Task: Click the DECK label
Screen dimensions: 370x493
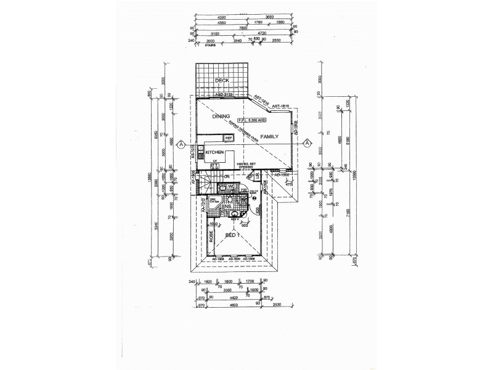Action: [221, 81]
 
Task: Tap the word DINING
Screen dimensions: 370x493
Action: [221, 116]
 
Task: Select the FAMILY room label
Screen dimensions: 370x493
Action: [269, 136]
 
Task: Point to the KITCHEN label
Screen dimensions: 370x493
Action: [214, 152]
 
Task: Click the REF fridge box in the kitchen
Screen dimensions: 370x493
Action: [228, 138]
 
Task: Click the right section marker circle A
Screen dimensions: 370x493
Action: [307, 144]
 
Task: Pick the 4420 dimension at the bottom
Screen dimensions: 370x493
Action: [226, 297]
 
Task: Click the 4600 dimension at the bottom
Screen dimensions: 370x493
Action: [226, 304]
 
